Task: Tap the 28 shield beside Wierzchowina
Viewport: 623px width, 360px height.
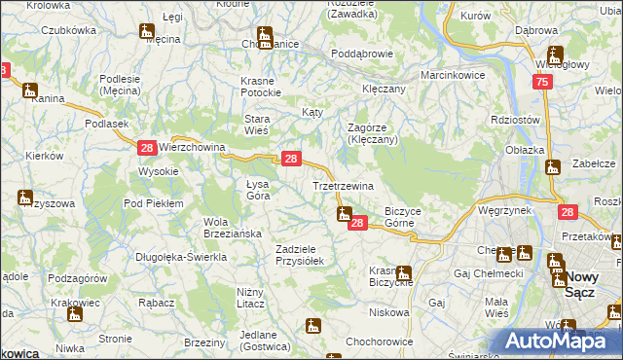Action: click(x=146, y=147)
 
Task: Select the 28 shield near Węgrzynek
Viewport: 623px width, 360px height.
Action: click(x=568, y=211)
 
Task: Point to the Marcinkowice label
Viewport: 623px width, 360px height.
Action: click(x=453, y=75)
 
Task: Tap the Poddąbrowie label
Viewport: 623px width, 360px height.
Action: click(x=361, y=54)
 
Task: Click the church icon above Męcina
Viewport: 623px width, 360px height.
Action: click(x=147, y=31)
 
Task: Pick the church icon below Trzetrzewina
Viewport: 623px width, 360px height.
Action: click(x=343, y=214)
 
